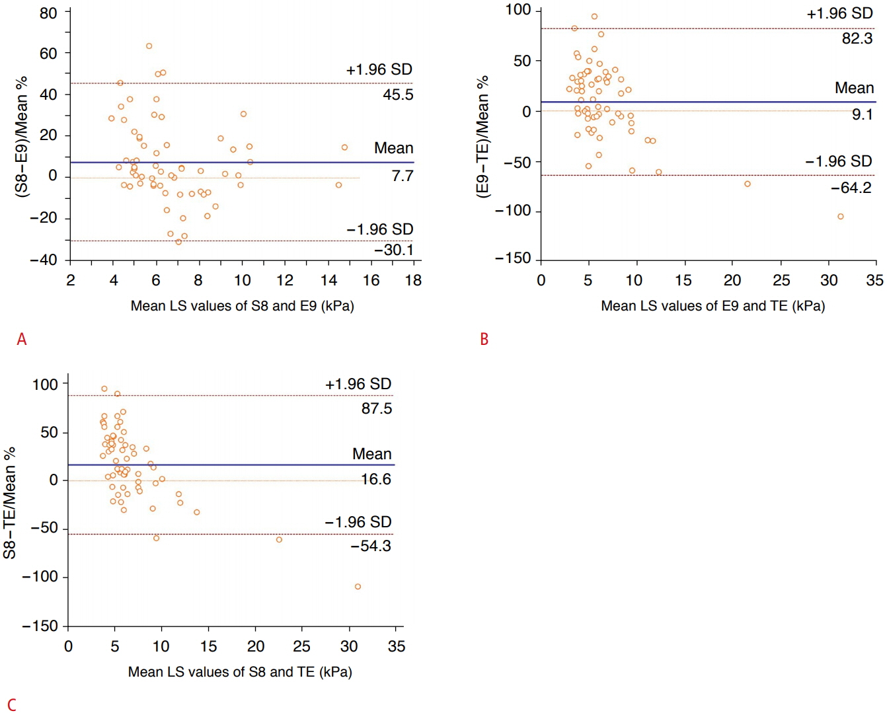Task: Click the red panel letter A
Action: coord(22,340)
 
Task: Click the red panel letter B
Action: coord(484,340)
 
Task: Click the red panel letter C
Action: coord(11,704)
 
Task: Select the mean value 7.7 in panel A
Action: coord(402,176)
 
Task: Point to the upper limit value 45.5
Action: coord(398,94)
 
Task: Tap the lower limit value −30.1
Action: coord(393,250)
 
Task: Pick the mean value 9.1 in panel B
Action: coord(862,114)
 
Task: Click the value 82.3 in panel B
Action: coord(857,38)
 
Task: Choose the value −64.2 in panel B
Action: coord(851,188)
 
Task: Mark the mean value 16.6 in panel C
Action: coord(376,479)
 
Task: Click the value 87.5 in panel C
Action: coord(376,408)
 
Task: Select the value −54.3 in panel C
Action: coord(371,546)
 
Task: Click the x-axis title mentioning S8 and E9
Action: coord(242,306)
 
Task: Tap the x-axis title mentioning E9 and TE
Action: coord(713,306)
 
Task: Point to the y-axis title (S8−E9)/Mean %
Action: coord(22,137)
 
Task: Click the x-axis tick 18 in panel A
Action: coord(413,280)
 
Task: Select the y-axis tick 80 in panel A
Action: coord(48,13)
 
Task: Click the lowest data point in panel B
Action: coord(841,217)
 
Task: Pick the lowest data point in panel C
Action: coord(358,587)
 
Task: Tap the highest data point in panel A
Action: coord(149,46)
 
